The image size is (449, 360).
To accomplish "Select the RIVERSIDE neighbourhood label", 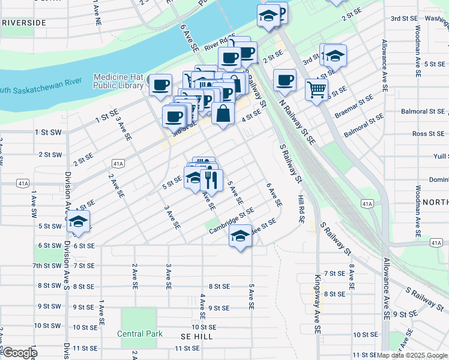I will click(23, 22).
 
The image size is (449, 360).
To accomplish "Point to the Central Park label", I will click(139, 334).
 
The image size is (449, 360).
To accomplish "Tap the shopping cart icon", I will click(316, 89).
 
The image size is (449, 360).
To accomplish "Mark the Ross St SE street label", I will click(428, 134).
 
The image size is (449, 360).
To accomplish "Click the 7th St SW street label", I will click(47, 265).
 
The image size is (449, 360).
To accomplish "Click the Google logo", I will click(19, 353).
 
